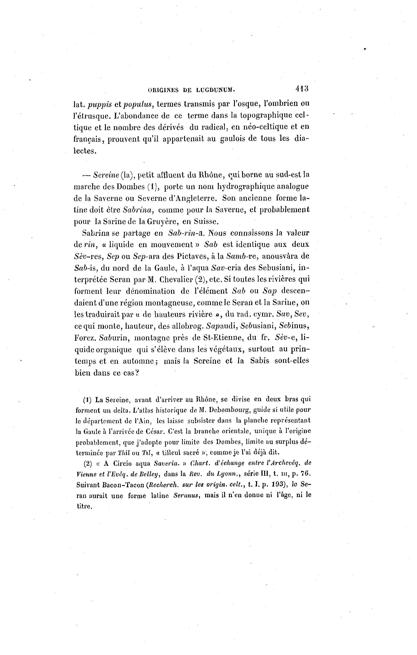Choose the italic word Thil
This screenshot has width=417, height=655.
pyautogui.click(x=123, y=453)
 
